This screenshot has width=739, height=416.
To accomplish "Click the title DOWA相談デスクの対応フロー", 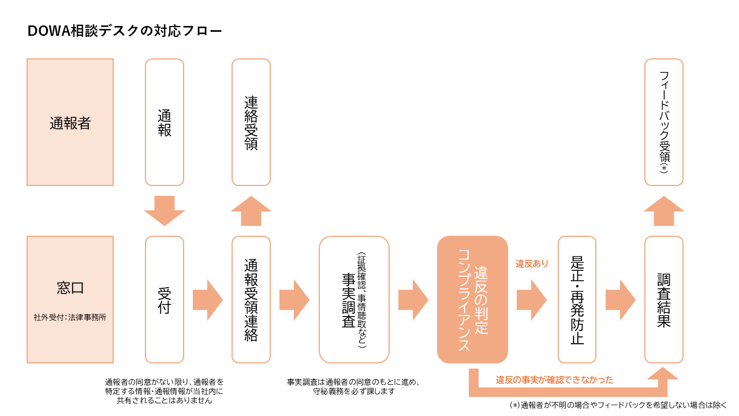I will coord(125,31).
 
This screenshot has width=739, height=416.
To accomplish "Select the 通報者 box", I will coord(70,122).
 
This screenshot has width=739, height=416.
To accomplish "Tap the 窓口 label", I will coord(70,288).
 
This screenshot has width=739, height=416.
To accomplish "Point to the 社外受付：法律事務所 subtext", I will coord(70,317).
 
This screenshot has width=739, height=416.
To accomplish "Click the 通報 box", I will coord(165,122).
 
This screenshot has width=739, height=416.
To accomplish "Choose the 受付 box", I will coord(165,299).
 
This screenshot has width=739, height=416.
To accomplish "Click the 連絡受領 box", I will coord(251,122).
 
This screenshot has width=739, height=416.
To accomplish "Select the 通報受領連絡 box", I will coord(251,299).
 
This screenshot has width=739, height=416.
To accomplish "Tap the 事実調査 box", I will coord(354,299).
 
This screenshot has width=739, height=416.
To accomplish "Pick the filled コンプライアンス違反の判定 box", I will coord(472,299).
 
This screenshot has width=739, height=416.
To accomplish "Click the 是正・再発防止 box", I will coord(577,299).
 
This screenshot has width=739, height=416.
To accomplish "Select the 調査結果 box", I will coord(664,299).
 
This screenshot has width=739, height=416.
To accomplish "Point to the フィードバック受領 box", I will coord(664,122).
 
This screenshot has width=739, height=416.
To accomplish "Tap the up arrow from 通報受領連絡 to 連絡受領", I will coord(251,211).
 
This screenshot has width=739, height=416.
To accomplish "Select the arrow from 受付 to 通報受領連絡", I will coord(208,300).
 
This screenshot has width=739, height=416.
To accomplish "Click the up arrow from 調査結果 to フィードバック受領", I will coord(664,211).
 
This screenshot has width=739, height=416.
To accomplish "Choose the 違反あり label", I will coord(532,264).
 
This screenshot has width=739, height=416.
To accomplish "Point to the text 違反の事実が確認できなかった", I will coord(554,380).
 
